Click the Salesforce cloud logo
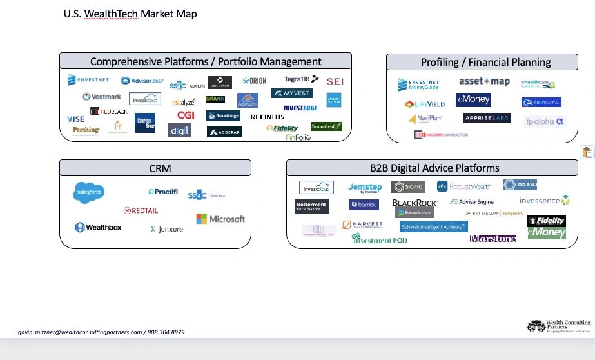click(x=89, y=192)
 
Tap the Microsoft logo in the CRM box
click(x=220, y=219)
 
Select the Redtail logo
click(x=141, y=210)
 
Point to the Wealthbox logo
click(x=98, y=227)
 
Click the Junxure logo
click(x=166, y=229)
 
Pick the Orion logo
click(x=255, y=81)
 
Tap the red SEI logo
click(x=335, y=82)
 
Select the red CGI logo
click(x=186, y=115)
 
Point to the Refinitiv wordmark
click(x=268, y=117)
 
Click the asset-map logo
click(x=484, y=82)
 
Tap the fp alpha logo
click(x=545, y=121)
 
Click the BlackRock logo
click(x=415, y=203)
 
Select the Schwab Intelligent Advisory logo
click(x=433, y=227)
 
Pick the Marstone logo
click(x=493, y=239)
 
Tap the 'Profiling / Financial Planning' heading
click(x=485, y=62)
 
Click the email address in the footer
click(x=80, y=332)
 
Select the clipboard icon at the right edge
click(x=587, y=152)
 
